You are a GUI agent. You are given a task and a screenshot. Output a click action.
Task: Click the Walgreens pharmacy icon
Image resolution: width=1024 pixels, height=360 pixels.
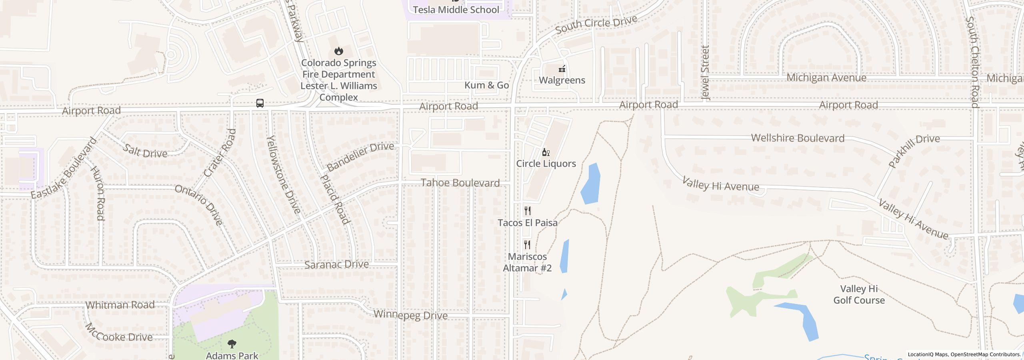pos(562,69)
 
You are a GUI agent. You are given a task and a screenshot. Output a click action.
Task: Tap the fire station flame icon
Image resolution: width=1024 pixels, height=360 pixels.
pos(339,51)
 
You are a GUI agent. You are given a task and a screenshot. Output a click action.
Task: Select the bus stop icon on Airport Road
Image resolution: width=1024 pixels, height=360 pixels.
pos(260,103)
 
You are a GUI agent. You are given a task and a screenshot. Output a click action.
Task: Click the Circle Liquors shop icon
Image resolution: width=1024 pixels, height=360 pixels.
pos(546,152)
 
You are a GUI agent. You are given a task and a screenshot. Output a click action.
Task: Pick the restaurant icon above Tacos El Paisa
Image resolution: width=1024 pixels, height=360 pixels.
pos(528,211)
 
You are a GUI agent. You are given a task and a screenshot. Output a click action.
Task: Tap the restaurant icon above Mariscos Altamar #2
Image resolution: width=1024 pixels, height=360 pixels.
pos(527,244)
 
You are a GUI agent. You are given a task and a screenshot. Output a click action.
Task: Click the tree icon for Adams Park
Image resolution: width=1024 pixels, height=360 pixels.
pos(232,344)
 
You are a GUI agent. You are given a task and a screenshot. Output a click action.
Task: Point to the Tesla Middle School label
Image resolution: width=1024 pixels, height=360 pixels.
pos(456,10)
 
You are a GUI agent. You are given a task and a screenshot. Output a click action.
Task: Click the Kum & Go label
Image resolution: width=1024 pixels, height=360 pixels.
pos(486,85)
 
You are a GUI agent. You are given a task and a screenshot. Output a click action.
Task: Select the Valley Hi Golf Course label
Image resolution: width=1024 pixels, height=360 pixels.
pos(859,294)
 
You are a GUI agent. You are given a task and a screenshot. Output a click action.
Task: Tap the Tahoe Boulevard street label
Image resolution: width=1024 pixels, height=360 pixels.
pos(460,183)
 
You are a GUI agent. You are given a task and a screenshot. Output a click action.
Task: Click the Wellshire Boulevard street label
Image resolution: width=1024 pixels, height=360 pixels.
pos(798,138)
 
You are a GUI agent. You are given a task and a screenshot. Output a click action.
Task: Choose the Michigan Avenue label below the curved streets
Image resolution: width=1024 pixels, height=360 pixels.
pos(826,78)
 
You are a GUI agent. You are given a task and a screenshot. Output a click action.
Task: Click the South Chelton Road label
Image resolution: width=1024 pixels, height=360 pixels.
pos(972,62)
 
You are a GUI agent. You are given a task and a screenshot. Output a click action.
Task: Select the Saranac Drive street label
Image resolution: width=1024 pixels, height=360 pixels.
pos(336,264)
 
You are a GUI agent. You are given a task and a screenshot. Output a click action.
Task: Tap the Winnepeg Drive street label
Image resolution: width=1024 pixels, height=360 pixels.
pos(410,315)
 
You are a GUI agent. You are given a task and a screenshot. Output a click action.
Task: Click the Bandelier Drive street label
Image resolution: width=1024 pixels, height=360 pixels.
pos(360,156)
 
